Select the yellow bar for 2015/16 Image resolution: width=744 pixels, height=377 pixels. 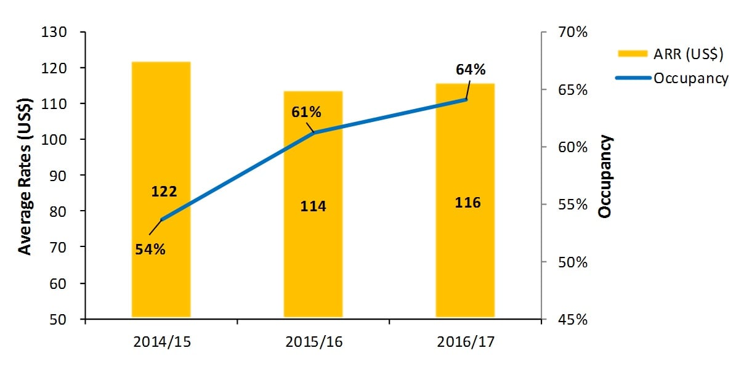pos(313,259)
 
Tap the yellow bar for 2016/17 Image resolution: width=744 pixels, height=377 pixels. pos(465,259)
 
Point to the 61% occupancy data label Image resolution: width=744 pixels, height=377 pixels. pos(306,112)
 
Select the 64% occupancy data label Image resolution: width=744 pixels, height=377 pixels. pos(471,70)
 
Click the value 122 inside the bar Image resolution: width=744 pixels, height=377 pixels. pos(164,192)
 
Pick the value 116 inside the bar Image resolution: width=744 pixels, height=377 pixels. pos(467,202)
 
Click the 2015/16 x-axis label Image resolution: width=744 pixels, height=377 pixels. pos(313,341)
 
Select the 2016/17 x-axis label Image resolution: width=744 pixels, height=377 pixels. pos(466,341)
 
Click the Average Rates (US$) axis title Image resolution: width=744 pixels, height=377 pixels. pos(25,176)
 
